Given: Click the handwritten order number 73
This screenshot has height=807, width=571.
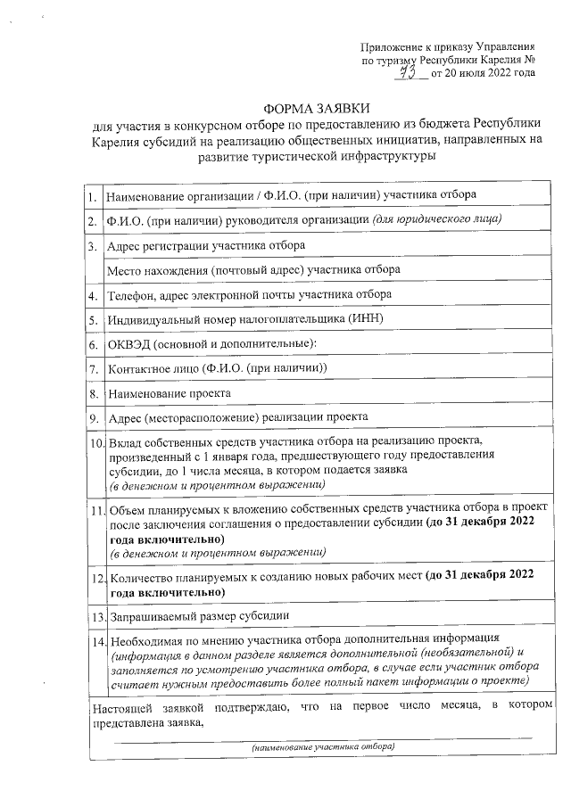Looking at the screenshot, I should pos(410,71).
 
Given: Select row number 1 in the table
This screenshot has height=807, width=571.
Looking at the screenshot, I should pos(93,195).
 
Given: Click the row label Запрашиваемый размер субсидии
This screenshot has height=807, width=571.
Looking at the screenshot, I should pos(200,616).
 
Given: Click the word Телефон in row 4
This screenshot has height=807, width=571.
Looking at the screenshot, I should pos(130,294).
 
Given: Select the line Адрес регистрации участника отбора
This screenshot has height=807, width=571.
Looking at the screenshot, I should pos(205,244).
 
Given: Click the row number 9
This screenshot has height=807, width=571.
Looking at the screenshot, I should pos(93,417).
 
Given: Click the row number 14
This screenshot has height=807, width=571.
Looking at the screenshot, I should pos(95,640).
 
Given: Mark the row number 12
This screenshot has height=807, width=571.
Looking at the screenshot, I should pos(95,581).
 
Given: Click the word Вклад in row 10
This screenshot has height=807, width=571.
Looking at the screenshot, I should pos(123,442).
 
